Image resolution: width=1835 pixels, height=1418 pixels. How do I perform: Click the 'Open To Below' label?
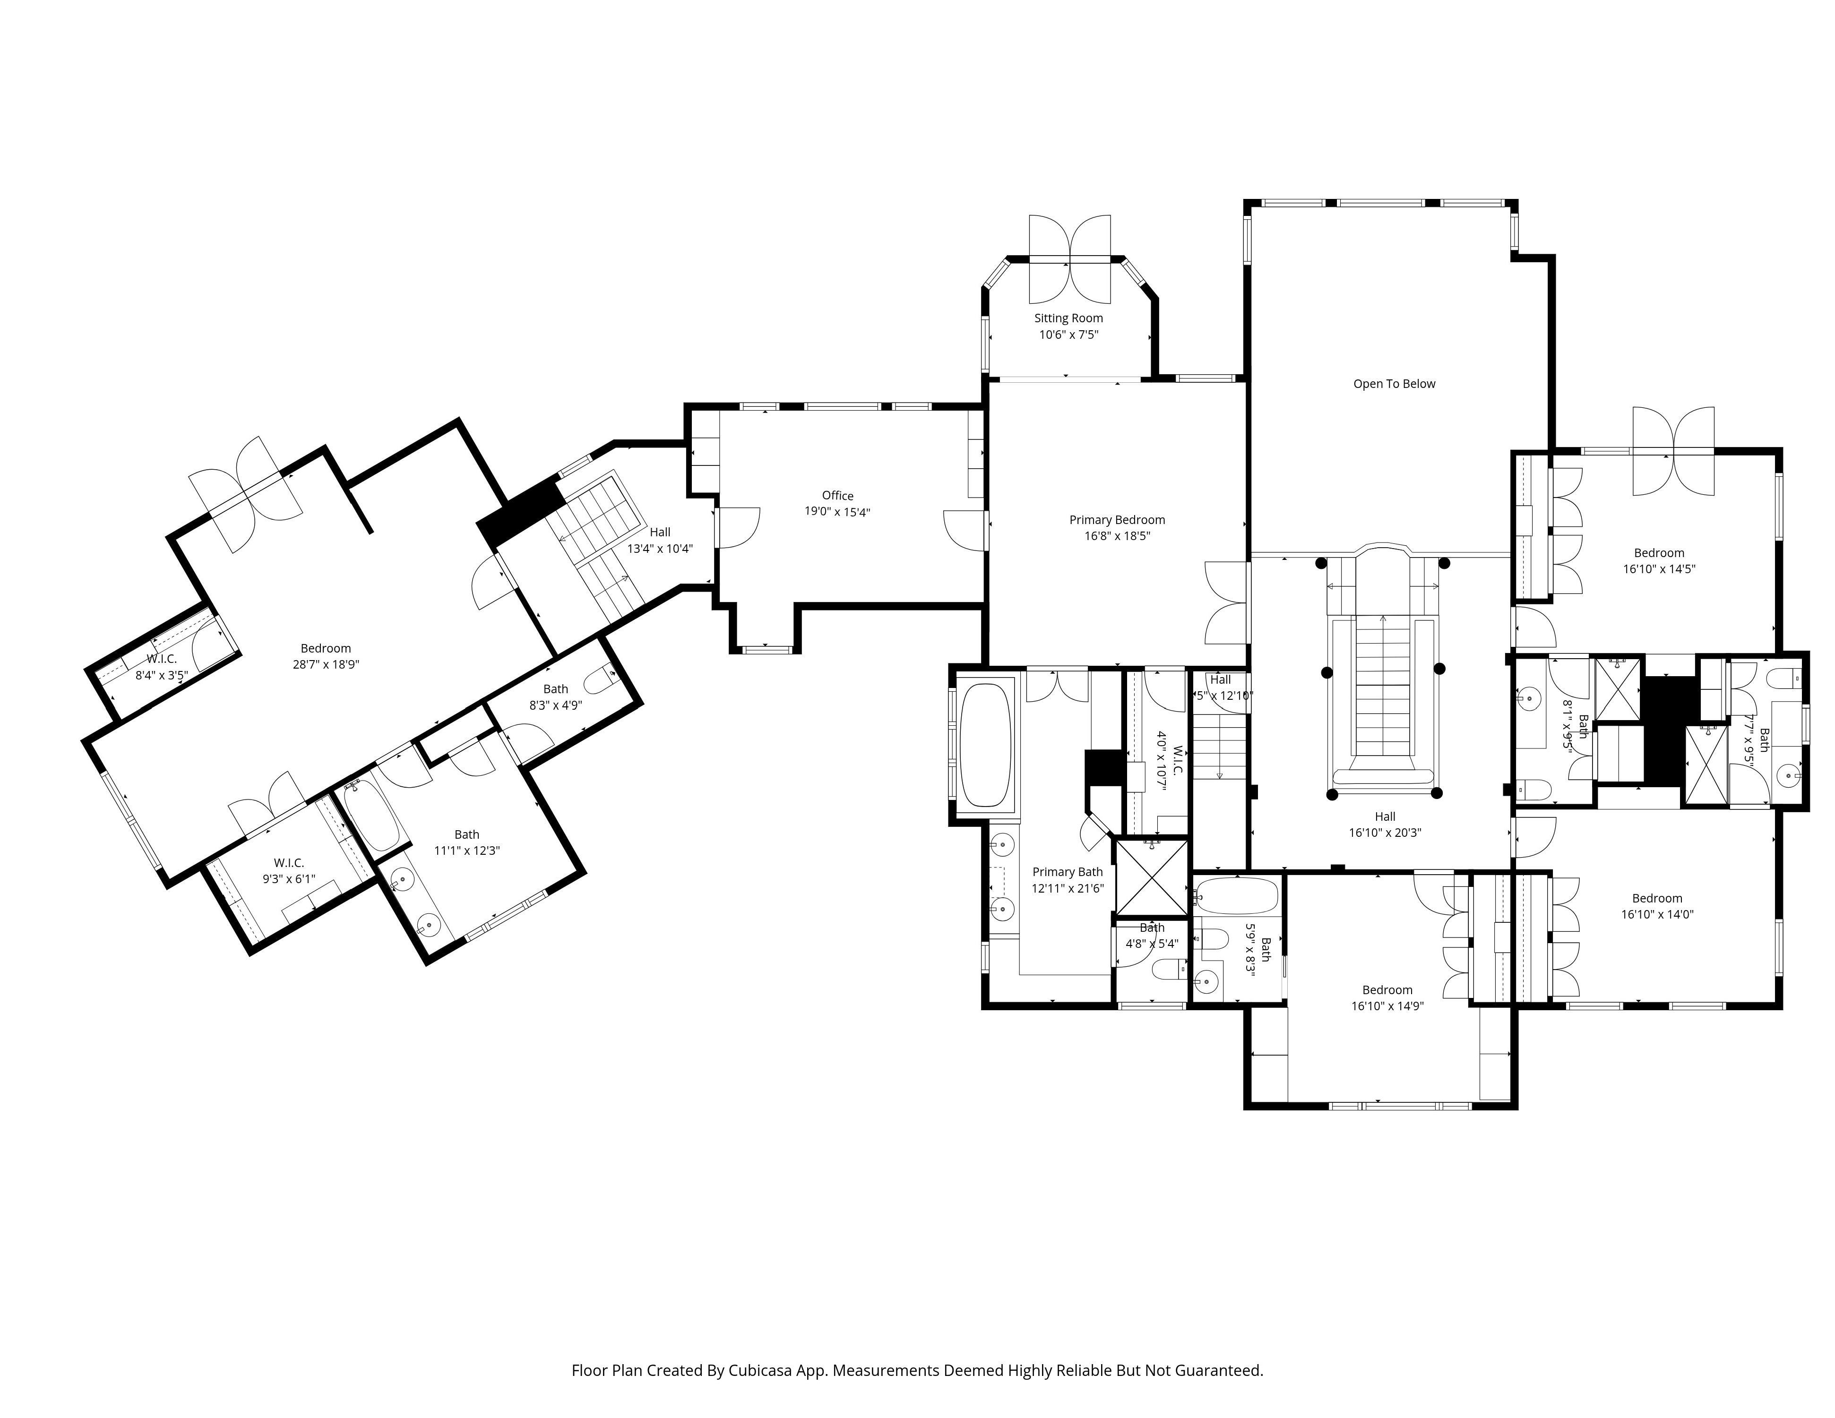point(1394,384)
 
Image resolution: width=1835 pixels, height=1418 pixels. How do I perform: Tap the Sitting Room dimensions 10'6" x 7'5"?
point(1069,335)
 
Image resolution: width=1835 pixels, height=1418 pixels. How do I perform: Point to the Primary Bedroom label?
point(1117,520)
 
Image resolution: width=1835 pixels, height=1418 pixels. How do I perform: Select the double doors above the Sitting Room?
point(1069,259)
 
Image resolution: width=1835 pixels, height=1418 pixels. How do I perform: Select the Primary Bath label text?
point(1067,872)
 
